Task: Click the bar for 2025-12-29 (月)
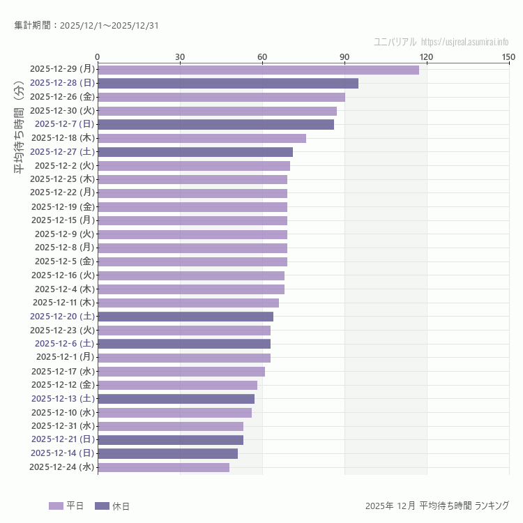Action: tap(258, 69)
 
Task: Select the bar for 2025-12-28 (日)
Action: tap(228, 83)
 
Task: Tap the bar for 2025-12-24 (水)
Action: tap(163, 467)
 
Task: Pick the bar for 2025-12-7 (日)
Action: tap(215, 124)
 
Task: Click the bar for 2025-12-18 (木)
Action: tap(202, 138)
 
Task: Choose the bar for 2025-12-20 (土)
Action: tap(185, 317)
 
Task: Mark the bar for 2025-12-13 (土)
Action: tap(176, 399)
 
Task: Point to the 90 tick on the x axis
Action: tap(344, 56)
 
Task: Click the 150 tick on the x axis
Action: tap(508, 56)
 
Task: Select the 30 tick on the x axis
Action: tap(180, 56)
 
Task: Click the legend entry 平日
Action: tap(66, 506)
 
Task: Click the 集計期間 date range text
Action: tap(86, 26)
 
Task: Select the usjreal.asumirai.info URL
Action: tap(464, 42)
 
